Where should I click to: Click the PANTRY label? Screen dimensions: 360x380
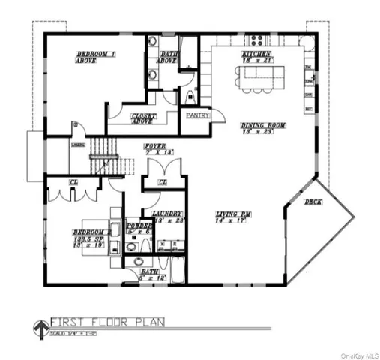[x=196, y=115]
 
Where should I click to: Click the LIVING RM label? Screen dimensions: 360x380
[x=232, y=214]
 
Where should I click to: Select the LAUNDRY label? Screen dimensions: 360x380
[x=167, y=214]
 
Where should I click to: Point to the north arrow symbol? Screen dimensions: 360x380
[x=39, y=327]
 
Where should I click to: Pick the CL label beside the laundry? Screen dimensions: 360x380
[x=162, y=182]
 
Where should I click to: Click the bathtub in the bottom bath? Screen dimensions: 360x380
[x=177, y=269]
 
